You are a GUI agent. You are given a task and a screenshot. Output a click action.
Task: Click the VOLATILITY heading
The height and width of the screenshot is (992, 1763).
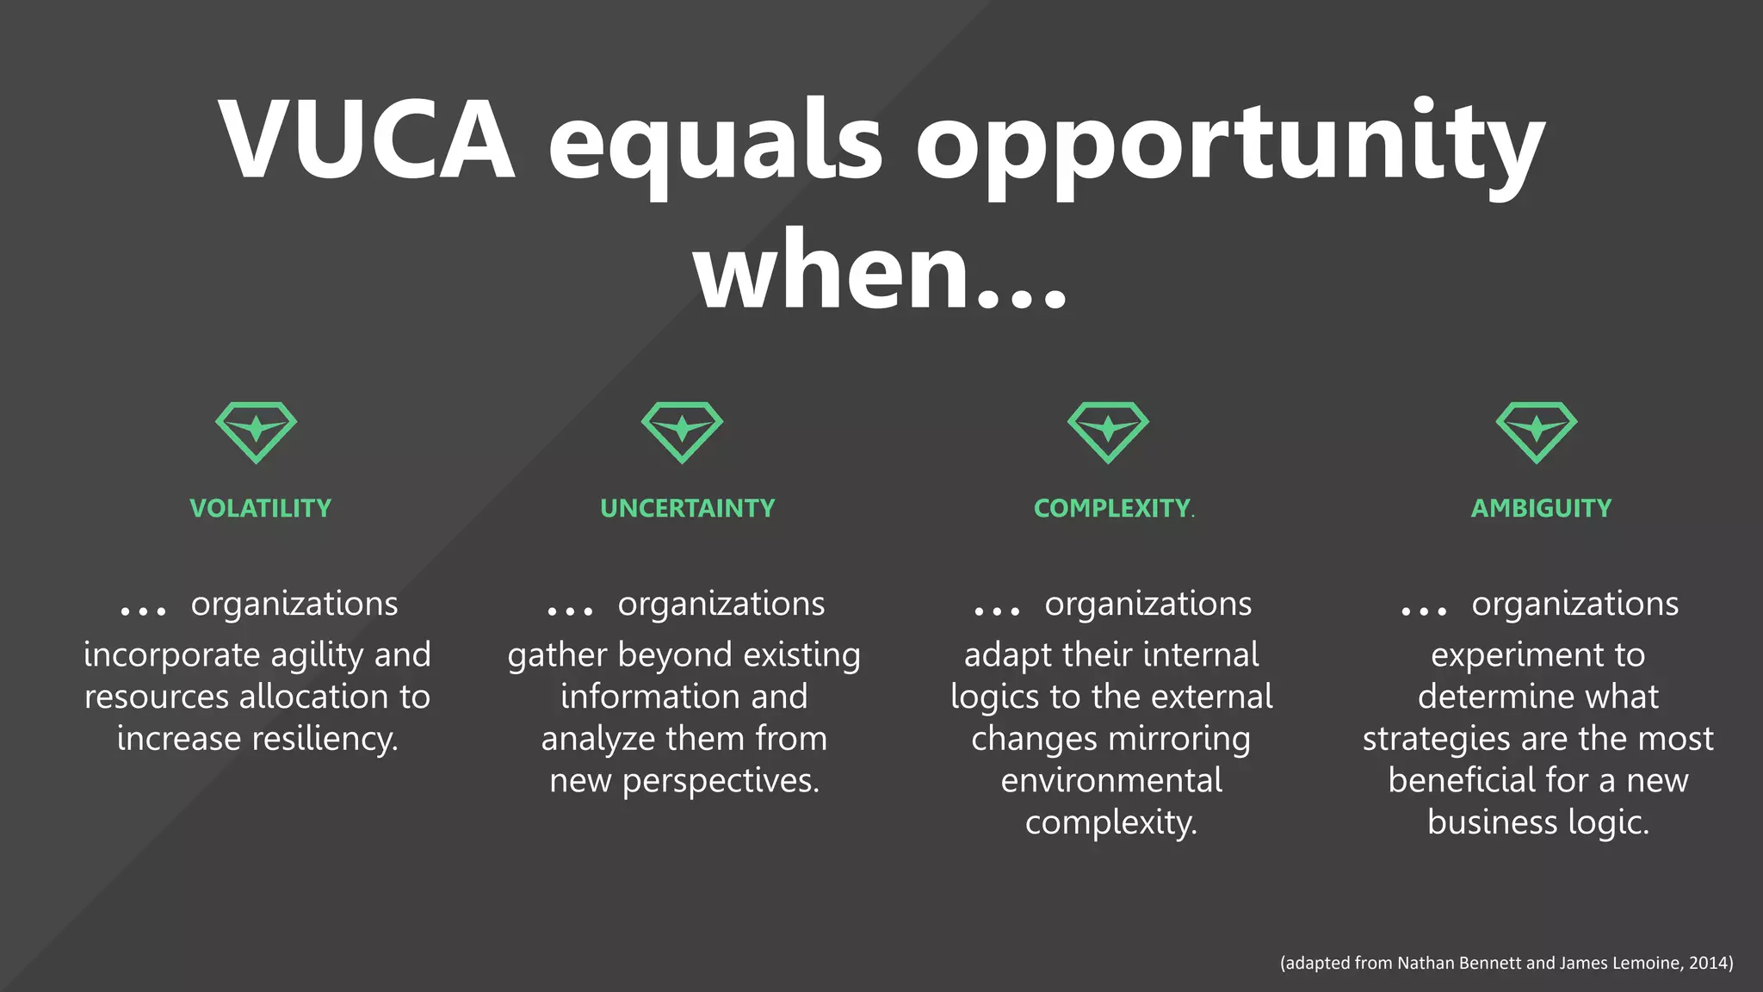(260, 508)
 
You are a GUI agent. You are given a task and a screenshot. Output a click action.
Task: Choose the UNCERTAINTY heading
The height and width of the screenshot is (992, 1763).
(687, 508)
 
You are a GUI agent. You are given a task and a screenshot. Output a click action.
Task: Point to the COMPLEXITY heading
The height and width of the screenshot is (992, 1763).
(1111, 508)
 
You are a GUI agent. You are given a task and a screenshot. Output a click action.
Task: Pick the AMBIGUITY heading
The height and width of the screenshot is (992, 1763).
(1541, 508)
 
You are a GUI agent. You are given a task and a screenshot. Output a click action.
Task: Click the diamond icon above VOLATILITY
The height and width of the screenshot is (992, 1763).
(256, 431)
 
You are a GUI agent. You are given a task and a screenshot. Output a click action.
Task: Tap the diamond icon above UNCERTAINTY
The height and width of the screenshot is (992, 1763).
(682, 431)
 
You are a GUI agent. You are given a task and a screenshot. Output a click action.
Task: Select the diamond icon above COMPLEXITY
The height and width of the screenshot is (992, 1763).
(1108, 431)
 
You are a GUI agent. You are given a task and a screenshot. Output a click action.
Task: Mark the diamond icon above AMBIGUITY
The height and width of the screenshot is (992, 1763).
(1537, 431)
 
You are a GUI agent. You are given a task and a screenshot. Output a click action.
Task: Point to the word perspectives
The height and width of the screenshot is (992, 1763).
(721, 781)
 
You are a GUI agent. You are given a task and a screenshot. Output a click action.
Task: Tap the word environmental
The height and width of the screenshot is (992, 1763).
(1111, 780)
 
